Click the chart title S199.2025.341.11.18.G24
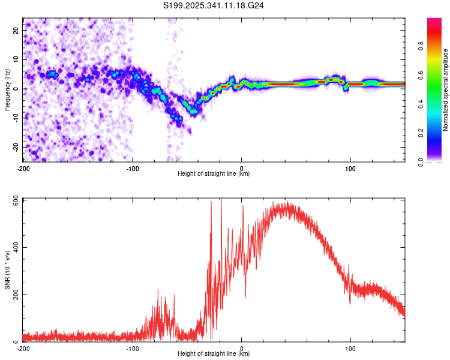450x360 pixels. click(x=214, y=5)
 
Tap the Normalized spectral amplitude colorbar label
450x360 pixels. click(x=446, y=90)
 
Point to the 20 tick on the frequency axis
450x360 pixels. click(x=16, y=30)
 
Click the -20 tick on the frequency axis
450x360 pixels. click(x=15, y=147)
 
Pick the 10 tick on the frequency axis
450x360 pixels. click(x=16, y=59)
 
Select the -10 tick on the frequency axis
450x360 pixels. click(x=15, y=118)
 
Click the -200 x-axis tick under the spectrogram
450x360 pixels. click(x=23, y=168)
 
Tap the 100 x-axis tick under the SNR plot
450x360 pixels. click(x=350, y=348)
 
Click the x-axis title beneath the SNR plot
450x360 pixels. click(x=214, y=354)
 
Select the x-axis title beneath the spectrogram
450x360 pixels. click(x=214, y=174)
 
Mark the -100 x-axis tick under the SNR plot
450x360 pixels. click(x=132, y=348)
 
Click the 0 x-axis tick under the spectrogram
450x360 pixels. click(x=241, y=168)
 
